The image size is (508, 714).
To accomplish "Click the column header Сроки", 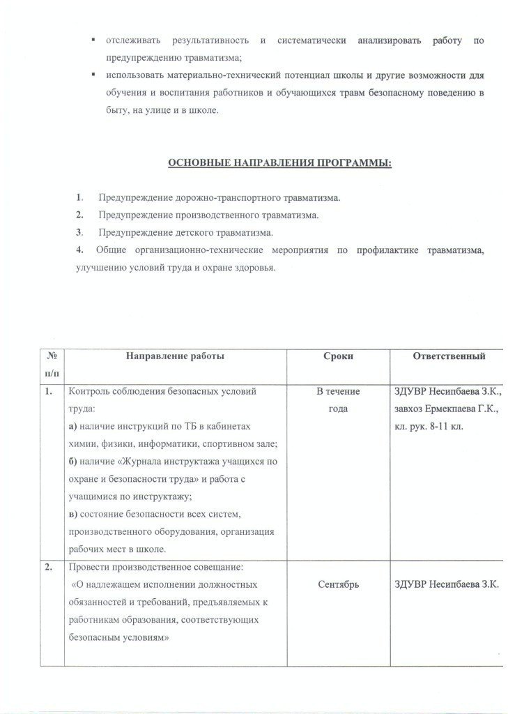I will pyautogui.click(x=338, y=356).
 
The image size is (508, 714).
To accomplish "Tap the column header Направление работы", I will pyautogui.click(x=175, y=356).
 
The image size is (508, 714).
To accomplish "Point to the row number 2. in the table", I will pyautogui.click(x=49, y=567).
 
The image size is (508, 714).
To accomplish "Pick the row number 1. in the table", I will pyautogui.click(x=49, y=392).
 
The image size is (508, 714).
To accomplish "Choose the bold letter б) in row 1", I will pyautogui.click(x=71, y=462).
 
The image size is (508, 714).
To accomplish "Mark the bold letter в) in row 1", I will pyautogui.click(x=71, y=515).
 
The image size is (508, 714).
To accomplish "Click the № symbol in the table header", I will pyautogui.click(x=50, y=356).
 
